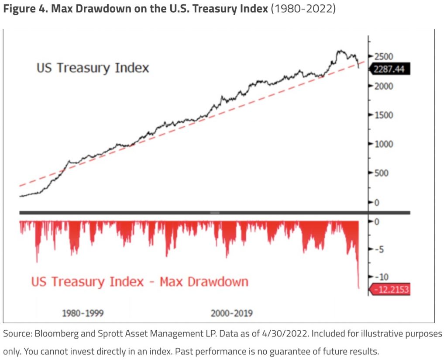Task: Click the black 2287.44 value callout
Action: click(389, 69)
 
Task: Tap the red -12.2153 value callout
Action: click(390, 290)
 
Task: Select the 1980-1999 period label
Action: click(83, 313)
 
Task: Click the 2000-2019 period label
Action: click(231, 313)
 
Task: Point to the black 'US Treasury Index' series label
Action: click(93, 68)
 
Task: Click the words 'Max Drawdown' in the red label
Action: click(204, 281)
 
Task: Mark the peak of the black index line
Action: click(340, 51)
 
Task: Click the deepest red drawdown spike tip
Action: click(359, 288)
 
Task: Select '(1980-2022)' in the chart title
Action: click(303, 9)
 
